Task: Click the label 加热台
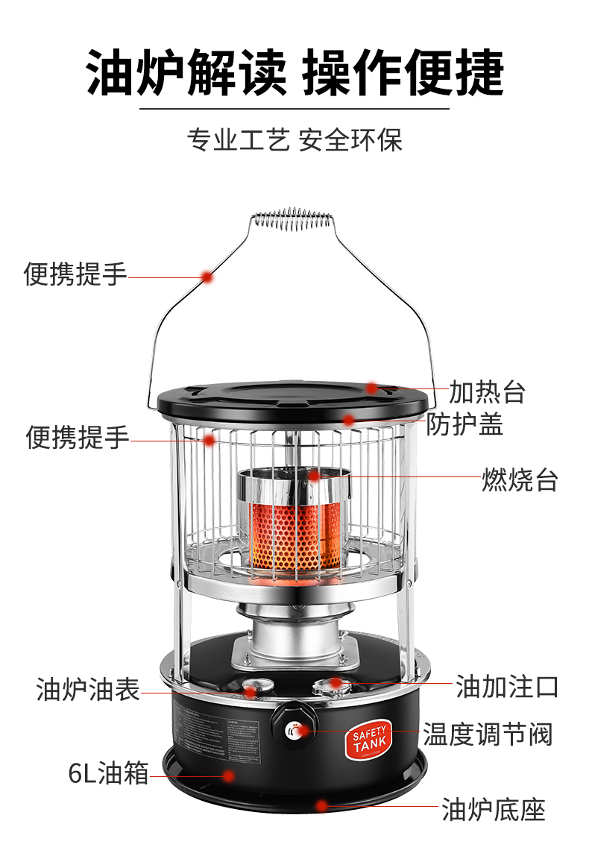point(487,391)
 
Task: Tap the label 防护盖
point(464,424)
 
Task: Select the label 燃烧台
point(520,479)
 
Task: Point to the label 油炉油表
point(88,689)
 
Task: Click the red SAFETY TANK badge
point(371,740)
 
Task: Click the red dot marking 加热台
point(371,388)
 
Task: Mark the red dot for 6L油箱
point(229,776)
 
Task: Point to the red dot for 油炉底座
point(321,805)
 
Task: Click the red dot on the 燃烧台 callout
point(314,475)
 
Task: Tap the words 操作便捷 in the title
point(403,73)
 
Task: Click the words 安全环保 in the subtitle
point(350,139)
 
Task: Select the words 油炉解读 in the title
point(186,73)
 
